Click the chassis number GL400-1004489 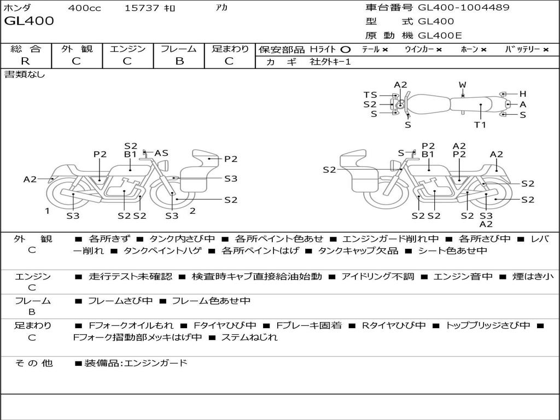[464, 8]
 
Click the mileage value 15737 [142, 8]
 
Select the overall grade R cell [25, 61]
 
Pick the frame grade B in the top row [179, 61]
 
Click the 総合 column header [26, 49]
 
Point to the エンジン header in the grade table [127, 49]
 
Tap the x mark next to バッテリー [546, 50]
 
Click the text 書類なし [25, 74]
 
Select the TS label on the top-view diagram [370, 95]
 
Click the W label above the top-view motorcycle [462, 85]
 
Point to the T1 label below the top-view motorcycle [480, 125]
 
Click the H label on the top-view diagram [522, 94]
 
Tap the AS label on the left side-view [161, 153]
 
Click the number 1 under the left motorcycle [47, 211]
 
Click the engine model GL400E [440, 36]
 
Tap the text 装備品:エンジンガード [136, 363]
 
